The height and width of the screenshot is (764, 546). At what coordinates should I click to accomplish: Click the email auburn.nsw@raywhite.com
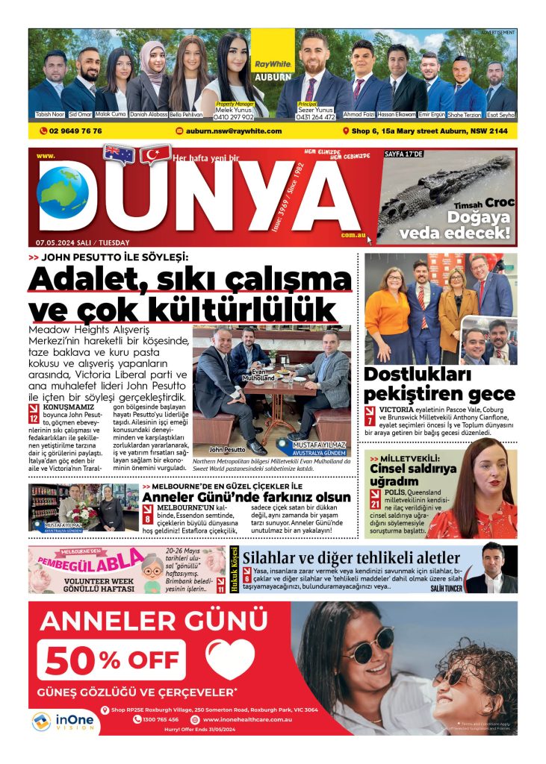pyautogui.click(x=233, y=131)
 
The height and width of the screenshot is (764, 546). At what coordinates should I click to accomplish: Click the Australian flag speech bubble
pyautogui.click(x=119, y=154)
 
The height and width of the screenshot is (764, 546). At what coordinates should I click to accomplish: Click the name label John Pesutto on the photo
pyautogui.click(x=227, y=450)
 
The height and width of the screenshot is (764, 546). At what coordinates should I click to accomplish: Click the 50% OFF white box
pyautogui.click(x=111, y=660)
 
